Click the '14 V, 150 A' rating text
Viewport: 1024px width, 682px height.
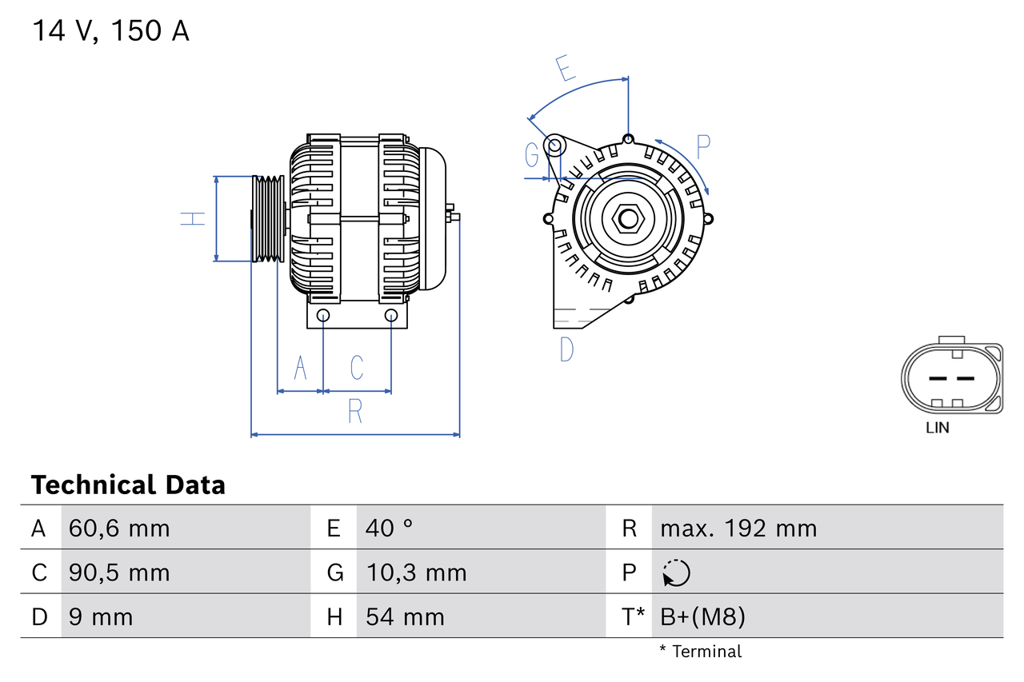(x=110, y=31)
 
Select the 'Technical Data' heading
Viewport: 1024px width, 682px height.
(x=128, y=485)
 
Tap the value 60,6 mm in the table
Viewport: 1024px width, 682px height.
(x=119, y=528)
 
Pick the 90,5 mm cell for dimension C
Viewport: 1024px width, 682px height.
(x=119, y=572)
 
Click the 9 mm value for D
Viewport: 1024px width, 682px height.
(x=101, y=616)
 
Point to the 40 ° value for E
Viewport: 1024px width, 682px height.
(x=389, y=528)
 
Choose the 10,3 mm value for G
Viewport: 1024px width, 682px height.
(x=416, y=572)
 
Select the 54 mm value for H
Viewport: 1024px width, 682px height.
(x=405, y=616)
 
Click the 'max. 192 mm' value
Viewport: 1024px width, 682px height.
(x=738, y=528)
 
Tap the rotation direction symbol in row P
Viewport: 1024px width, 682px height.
(x=676, y=572)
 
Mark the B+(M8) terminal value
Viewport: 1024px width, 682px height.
(x=702, y=616)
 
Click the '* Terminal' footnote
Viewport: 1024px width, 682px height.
(x=700, y=652)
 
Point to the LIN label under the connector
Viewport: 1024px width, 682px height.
(x=938, y=428)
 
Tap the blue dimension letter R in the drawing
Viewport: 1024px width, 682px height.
(x=355, y=412)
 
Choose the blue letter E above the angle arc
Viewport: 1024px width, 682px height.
(x=566, y=70)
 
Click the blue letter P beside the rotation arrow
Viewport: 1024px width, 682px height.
(x=702, y=146)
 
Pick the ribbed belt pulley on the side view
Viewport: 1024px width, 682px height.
(x=268, y=218)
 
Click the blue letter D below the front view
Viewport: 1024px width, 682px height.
(x=566, y=349)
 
